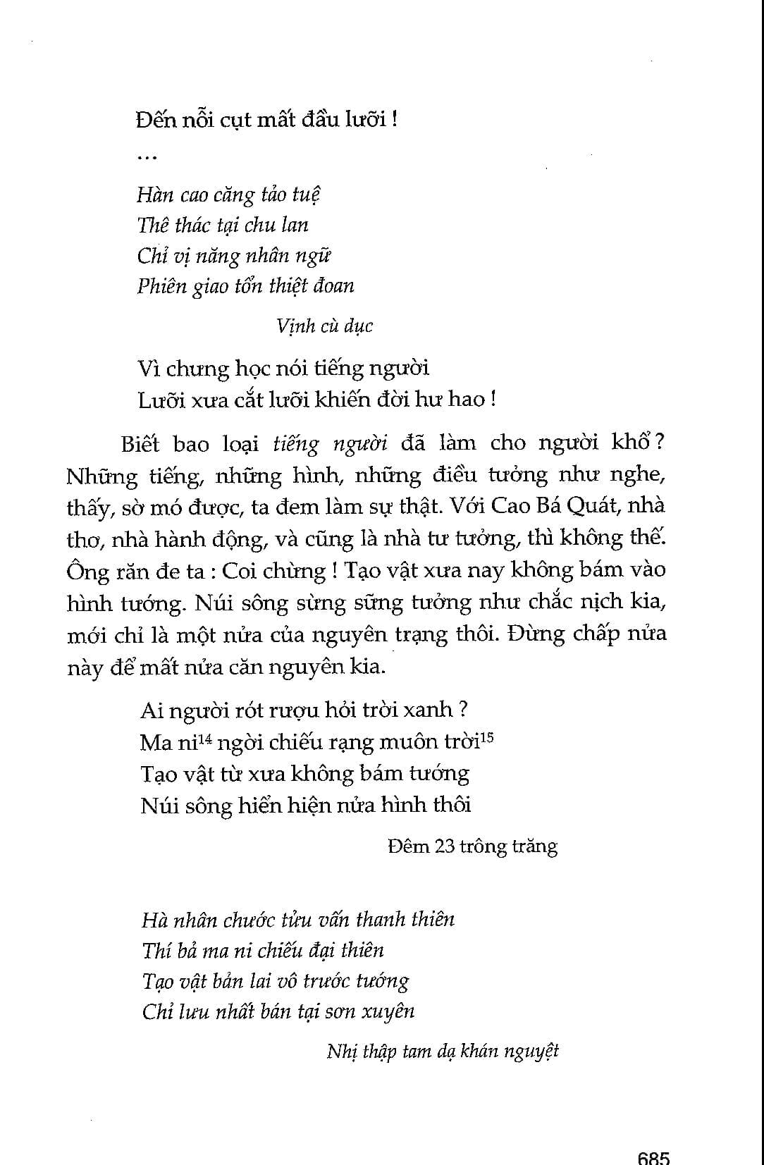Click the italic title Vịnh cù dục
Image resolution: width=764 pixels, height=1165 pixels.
tap(324, 326)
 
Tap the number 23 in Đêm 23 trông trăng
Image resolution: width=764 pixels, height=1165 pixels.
tap(445, 846)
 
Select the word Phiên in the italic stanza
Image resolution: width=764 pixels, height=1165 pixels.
tap(161, 286)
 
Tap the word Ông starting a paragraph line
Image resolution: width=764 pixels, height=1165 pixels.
tap(87, 571)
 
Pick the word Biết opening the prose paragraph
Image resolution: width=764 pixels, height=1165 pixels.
tap(140, 444)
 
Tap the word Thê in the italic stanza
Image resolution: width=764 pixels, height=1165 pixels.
tap(152, 225)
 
